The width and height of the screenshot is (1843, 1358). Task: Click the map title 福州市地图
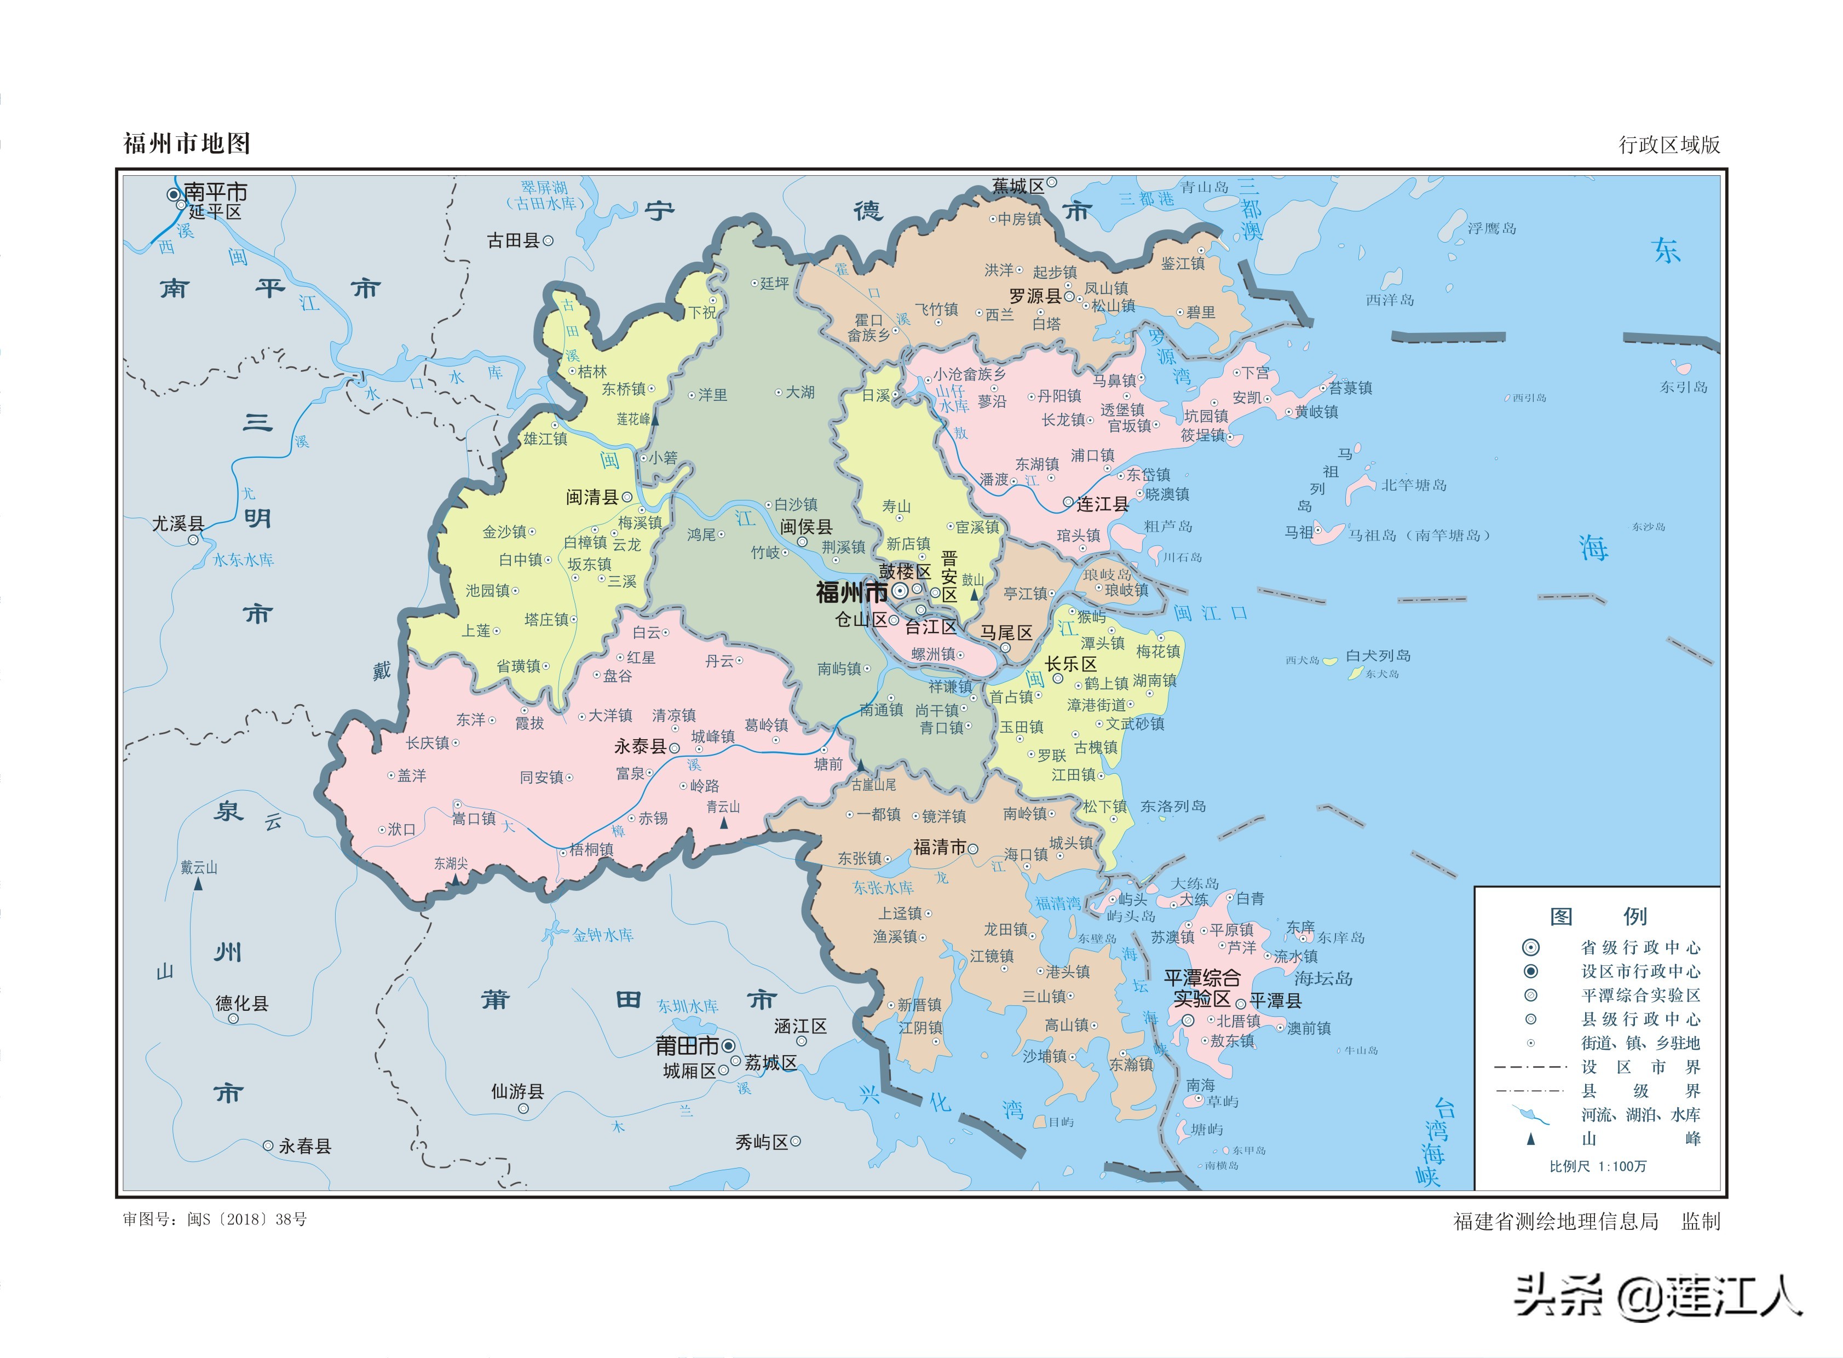187,144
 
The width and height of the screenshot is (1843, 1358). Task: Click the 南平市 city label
215,192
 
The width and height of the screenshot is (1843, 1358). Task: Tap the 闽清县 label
592,497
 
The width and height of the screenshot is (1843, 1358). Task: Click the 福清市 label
939,848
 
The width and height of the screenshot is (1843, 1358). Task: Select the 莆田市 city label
687,1046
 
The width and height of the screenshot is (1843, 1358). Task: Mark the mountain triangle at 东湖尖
454,879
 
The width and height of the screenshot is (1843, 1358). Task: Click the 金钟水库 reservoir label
602,935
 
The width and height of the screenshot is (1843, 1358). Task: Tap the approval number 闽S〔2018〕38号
246,1219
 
